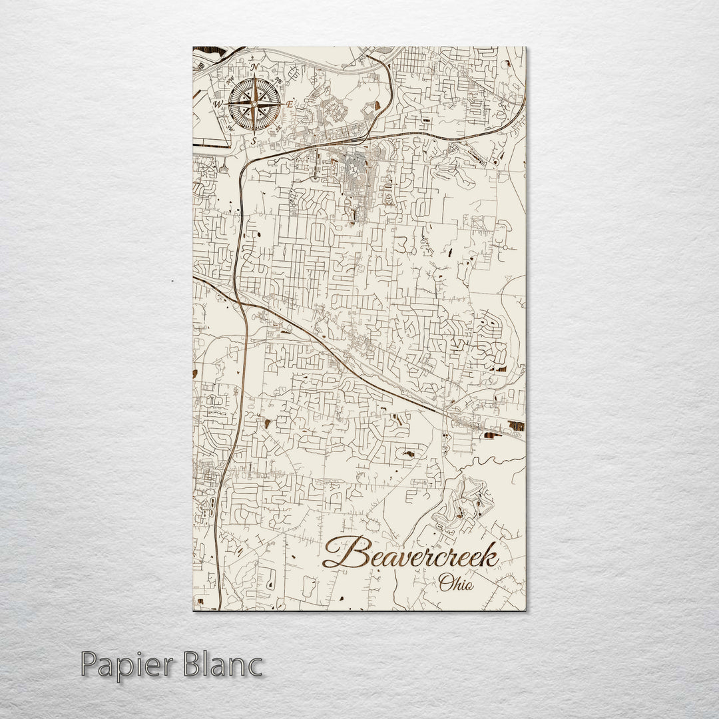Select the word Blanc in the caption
221,664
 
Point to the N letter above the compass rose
254,68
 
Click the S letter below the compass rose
254,140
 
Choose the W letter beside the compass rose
217,105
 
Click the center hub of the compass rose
254,105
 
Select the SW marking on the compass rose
230,126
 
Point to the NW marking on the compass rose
230,82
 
